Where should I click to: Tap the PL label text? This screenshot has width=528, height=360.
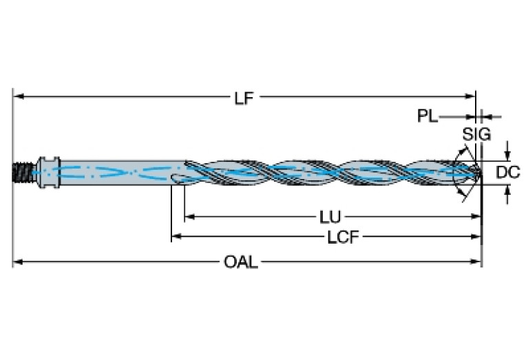[x=427, y=116]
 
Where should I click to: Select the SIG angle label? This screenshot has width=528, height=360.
[x=476, y=135]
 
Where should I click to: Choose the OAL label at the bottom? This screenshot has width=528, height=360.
[x=241, y=262]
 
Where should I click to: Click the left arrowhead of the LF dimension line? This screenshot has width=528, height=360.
[x=19, y=96]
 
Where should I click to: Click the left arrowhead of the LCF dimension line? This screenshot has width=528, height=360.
[x=176, y=237]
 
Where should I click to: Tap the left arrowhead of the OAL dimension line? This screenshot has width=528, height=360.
[x=19, y=262]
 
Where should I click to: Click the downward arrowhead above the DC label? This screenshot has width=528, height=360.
[x=507, y=155]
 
